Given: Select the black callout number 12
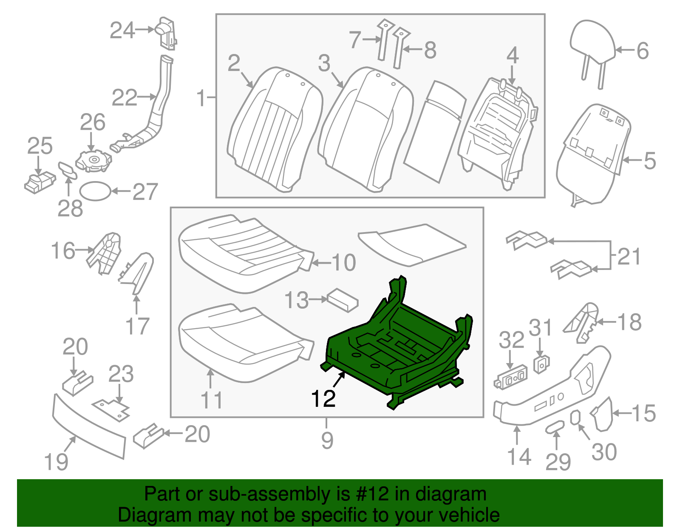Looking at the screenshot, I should [323, 399].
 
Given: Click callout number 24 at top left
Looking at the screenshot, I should [122, 31].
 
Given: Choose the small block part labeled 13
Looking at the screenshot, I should [343, 300].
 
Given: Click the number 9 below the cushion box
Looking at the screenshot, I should [327, 440].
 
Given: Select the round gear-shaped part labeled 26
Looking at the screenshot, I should [94, 161].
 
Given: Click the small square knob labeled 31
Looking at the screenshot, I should [541, 364].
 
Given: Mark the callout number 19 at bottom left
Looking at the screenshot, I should [56, 462].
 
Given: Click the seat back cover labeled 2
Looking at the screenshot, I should [272, 128].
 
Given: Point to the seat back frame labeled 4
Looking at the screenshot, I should [497, 132].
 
